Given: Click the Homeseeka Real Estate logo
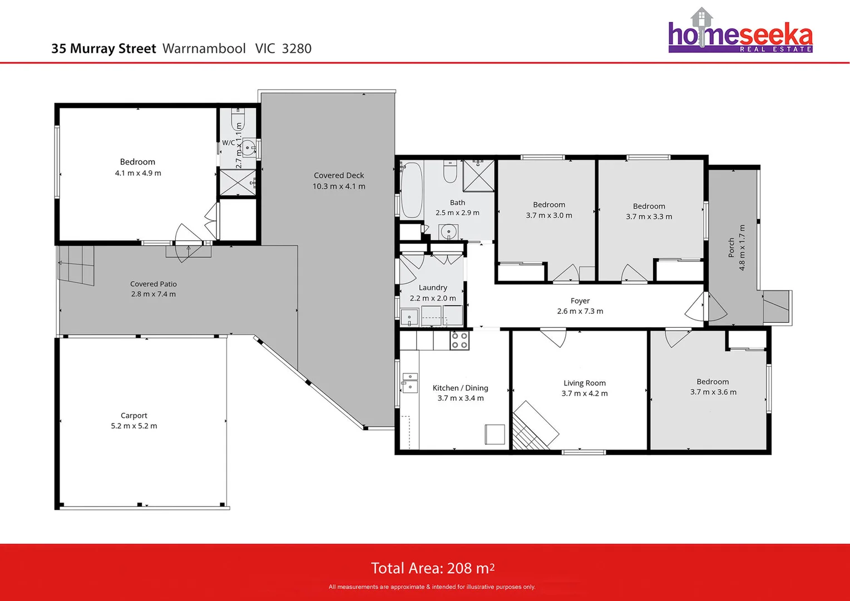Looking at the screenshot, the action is [740, 31].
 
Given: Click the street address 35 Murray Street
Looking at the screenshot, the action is [103, 48].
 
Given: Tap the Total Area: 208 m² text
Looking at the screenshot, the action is [433, 568].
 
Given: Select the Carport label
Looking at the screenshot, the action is [134, 415].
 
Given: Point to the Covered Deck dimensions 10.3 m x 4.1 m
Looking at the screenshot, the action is [339, 186].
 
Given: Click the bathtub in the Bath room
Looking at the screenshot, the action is [412, 190].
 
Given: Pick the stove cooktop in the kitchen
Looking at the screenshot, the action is [459, 340].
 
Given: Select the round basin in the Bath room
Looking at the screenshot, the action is [448, 231].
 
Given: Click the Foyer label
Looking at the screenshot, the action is [580, 300].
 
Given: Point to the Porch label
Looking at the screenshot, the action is [731, 248].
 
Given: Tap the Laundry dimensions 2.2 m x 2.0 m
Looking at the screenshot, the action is [433, 298].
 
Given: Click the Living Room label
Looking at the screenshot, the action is [584, 383].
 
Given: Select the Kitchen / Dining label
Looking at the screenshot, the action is [460, 388].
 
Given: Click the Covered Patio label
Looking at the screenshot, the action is [154, 284].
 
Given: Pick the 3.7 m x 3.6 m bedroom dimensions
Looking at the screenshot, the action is [713, 392].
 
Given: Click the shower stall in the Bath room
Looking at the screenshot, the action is [478, 175].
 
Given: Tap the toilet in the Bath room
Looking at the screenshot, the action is [450, 171].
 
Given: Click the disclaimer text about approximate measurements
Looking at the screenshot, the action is [432, 587].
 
